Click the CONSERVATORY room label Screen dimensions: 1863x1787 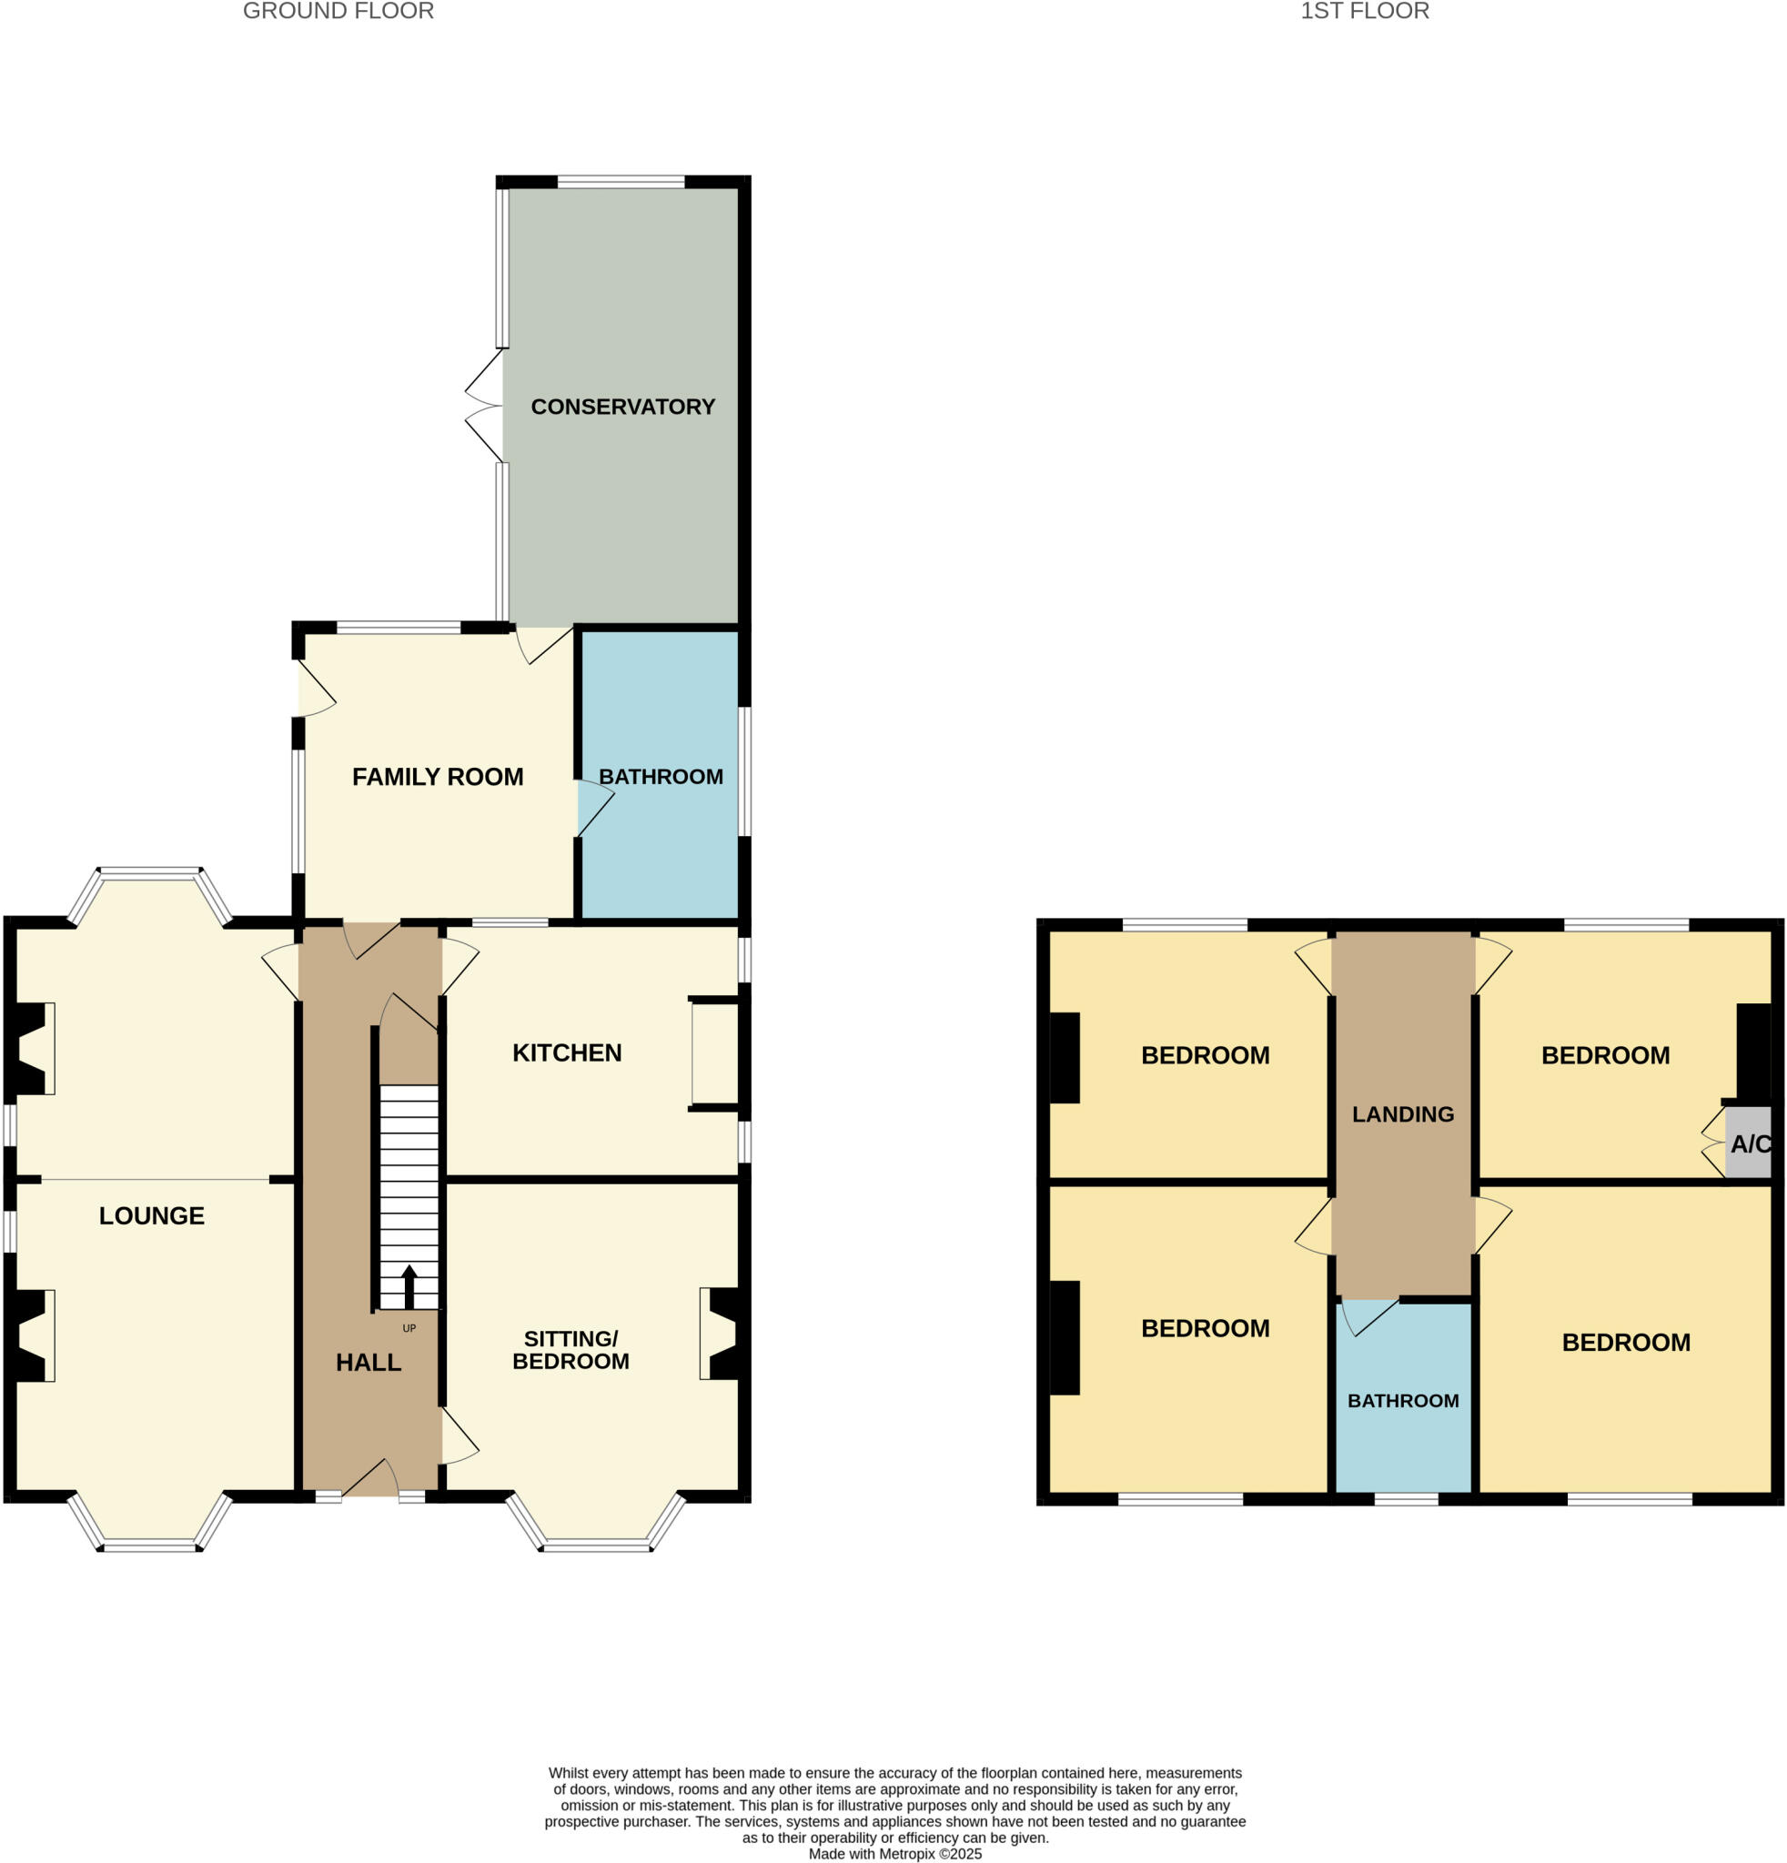point(622,407)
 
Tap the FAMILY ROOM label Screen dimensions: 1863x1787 point(438,777)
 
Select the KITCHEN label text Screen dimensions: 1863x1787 point(567,1052)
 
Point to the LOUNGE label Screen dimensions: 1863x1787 point(152,1214)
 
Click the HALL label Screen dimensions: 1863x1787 point(368,1362)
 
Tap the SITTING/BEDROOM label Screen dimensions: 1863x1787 point(570,1350)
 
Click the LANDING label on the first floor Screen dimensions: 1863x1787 point(1402,1114)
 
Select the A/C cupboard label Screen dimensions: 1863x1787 point(1750,1143)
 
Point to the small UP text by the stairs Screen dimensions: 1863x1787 point(409,1328)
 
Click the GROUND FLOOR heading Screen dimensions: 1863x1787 point(338,12)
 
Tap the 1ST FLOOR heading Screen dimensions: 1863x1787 point(1364,12)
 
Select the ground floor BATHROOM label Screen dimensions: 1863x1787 point(661,777)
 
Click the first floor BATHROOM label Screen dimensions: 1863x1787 point(1402,1400)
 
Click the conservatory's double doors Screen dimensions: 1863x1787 point(485,406)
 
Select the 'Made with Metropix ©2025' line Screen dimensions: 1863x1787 point(894,1854)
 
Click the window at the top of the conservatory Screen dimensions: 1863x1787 point(620,182)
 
